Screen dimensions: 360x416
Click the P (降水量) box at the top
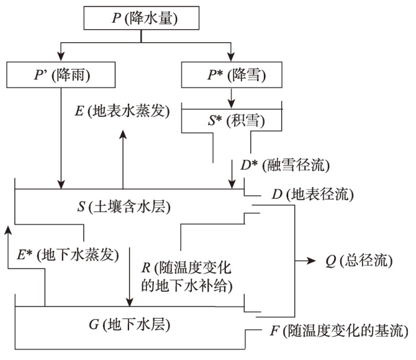[x=141, y=17]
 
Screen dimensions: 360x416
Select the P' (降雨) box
[x=61, y=75]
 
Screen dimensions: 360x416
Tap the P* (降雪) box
[x=232, y=75]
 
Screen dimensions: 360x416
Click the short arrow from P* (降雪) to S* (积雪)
[x=232, y=94]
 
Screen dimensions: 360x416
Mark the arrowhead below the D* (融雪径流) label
[x=232, y=183]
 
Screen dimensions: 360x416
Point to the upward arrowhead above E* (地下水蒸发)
[x=8, y=230]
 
